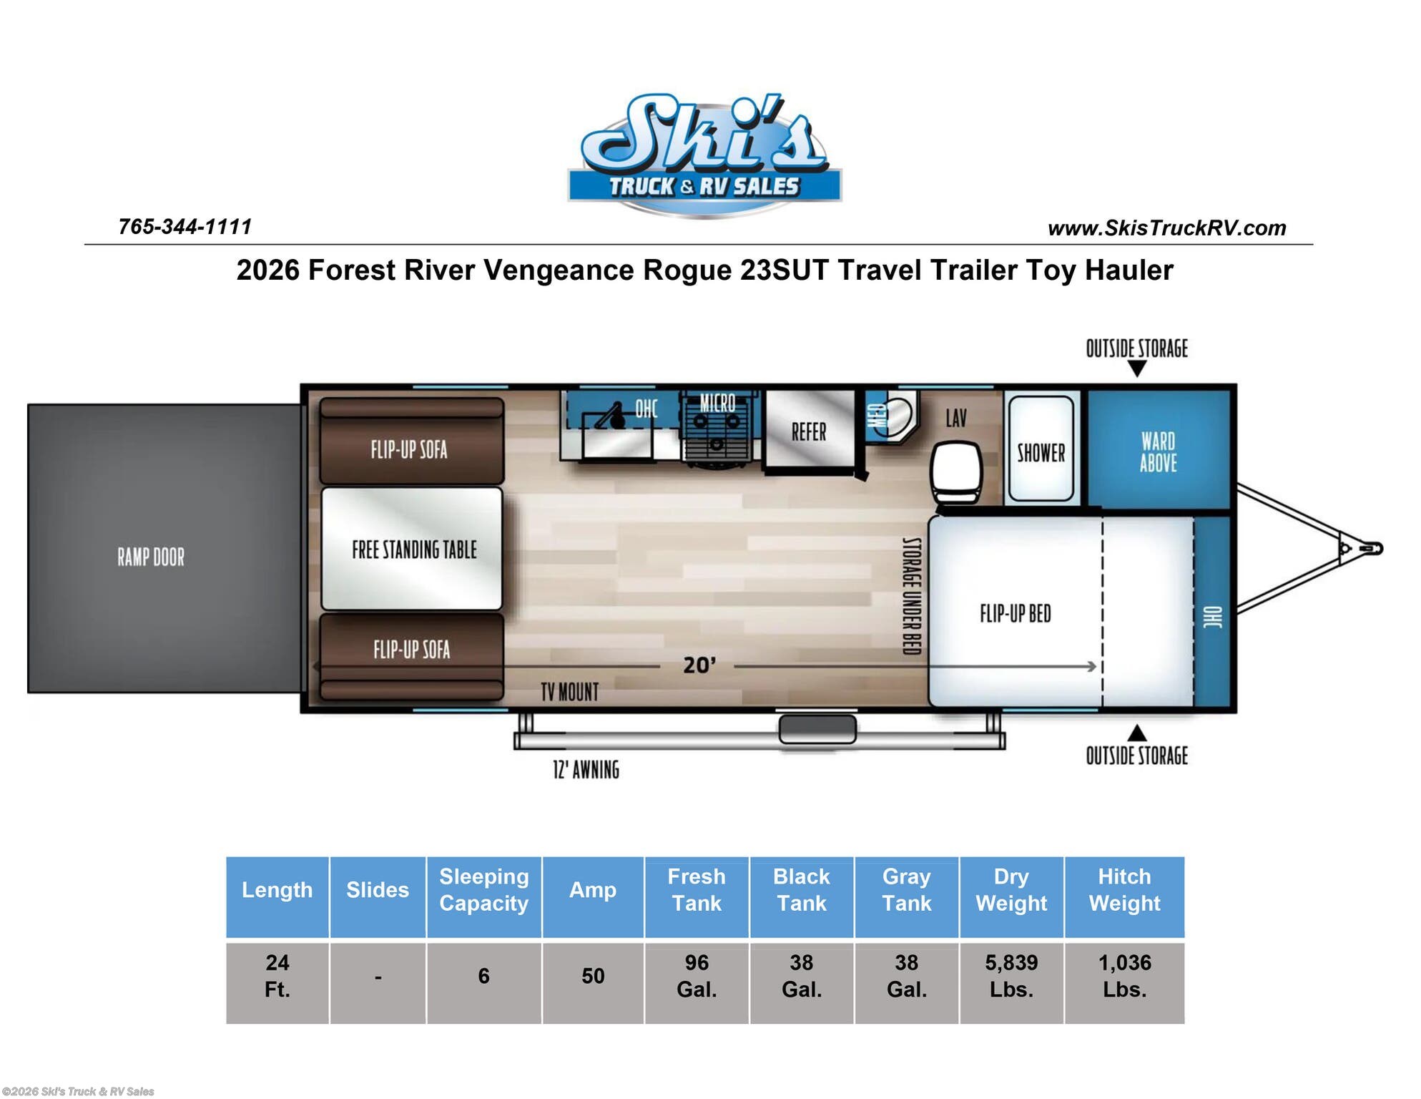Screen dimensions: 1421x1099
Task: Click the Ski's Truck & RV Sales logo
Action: tap(704, 156)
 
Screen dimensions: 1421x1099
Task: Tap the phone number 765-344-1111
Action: tap(185, 227)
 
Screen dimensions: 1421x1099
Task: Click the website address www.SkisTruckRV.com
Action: tap(1166, 228)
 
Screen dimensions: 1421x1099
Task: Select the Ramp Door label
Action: tap(151, 557)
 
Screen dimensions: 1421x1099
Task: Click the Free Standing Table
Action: tap(412, 549)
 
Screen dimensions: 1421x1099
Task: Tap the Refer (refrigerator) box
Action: tap(809, 431)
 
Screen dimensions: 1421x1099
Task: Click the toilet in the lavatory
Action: tap(956, 474)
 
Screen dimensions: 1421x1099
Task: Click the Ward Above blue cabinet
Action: tap(1158, 450)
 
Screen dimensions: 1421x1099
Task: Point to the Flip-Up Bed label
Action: tap(1016, 613)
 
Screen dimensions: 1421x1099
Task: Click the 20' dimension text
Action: tap(699, 665)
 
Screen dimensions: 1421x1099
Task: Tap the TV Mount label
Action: tap(570, 692)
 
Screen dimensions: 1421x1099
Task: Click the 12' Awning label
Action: tap(586, 770)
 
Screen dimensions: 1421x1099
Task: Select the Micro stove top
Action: tap(717, 428)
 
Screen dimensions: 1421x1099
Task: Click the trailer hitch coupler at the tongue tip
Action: tap(1370, 549)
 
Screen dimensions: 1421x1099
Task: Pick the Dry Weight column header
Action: tap(1011, 890)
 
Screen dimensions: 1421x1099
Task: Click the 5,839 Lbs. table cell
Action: tap(1011, 976)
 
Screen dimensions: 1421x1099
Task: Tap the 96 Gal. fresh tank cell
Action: tap(697, 976)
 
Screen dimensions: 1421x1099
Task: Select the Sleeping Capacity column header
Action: tap(484, 890)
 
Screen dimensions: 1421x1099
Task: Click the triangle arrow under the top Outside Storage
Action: tap(1137, 369)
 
